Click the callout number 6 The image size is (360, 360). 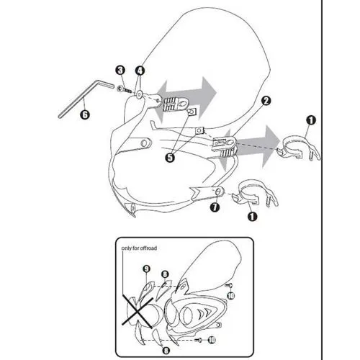(85, 114)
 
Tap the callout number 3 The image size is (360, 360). (120, 71)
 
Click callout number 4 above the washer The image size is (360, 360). (140, 71)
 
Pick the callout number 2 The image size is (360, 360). (266, 101)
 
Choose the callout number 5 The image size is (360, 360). (170, 158)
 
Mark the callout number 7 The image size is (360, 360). (215, 207)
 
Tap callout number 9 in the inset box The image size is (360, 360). (146, 269)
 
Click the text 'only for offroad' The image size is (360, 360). (139, 248)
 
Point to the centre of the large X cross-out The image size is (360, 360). (137, 311)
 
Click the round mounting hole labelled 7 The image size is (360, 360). (219, 192)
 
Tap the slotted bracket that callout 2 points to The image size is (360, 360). (224, 146)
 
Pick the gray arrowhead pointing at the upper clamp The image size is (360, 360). (270, 146)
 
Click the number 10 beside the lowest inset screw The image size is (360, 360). (212, 340)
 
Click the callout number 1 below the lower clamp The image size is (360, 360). (252, 217)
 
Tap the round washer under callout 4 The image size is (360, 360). (138, 95)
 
